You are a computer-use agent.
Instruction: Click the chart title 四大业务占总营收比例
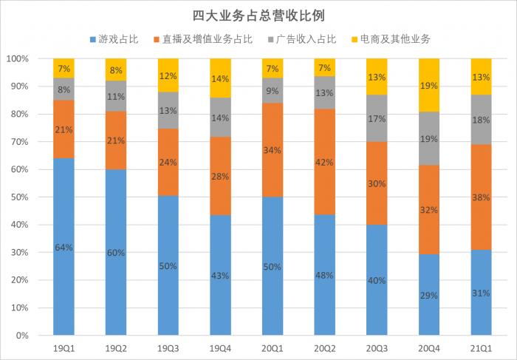coord(258,15)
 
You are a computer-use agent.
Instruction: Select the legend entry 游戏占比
coord(115,38)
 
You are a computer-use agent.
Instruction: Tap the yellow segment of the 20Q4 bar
coord(430,85)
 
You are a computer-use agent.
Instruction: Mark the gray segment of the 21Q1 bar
coord(482,120)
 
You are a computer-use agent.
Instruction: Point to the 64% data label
coord(64,248)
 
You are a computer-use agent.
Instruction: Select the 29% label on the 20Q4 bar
coord(430,295)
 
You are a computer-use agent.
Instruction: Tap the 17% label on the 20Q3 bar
coord(377,118)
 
